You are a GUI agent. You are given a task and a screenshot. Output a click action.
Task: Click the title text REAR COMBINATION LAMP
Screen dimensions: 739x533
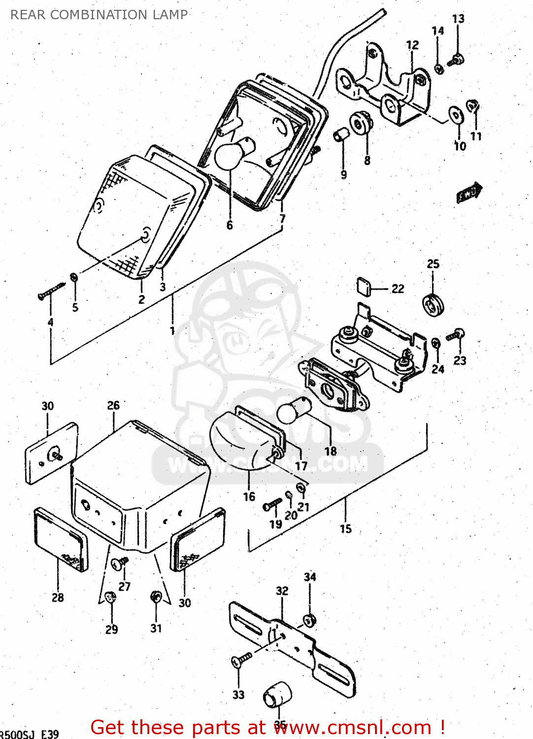coord(99,15)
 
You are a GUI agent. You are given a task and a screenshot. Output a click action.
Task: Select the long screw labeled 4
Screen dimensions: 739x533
coord(51,291)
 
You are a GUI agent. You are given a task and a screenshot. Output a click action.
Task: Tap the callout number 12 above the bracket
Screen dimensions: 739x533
coord(412,45)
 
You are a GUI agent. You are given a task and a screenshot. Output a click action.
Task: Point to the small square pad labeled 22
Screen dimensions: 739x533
coord(365,286)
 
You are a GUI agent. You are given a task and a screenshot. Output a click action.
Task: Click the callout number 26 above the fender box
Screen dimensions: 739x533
coord(113,405)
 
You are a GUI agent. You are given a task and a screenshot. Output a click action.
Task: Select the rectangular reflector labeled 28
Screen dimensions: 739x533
coord(61,540)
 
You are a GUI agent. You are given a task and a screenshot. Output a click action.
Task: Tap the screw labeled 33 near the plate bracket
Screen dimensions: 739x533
coord(241,659)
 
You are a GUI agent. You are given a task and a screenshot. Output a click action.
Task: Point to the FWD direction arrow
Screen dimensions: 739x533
coord(469,193)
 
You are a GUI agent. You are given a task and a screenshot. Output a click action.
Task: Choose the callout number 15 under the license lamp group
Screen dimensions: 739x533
coord(346,529)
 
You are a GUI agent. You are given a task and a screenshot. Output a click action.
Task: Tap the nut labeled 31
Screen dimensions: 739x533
coord(156,597)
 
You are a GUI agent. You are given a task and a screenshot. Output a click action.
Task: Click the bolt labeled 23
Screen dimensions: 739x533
coord(455,336)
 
